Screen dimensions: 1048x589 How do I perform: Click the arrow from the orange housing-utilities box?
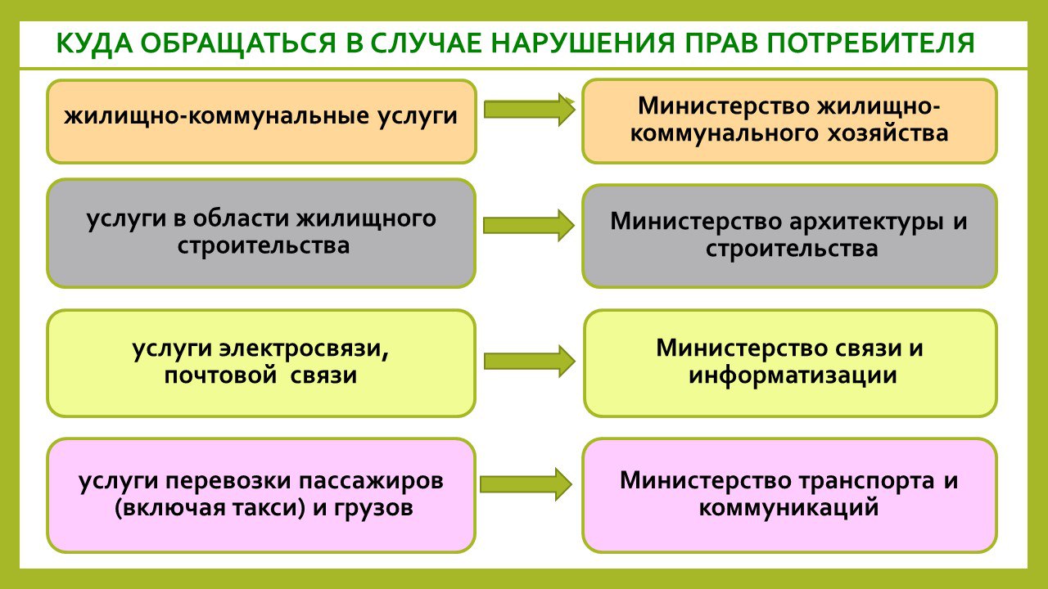pyautogui.click(x=529, y=110)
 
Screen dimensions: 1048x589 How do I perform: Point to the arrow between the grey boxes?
pyautogui.click(x=529, y=225)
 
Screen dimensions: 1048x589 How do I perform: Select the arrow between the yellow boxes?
pyautogui.click(x=530, y=362)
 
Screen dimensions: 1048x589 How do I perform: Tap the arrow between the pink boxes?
pyautogui.click(x=526, y=484)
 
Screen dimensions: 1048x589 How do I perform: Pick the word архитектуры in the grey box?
pyautogui.click(x=866, y=222)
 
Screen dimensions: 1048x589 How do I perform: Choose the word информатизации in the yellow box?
pyautogui.click(x=793, y=375)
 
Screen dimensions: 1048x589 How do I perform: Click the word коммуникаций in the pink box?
pyautogui.click(x=788, y=508)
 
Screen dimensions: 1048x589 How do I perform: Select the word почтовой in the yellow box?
pyautogui.click(x=220, y=375)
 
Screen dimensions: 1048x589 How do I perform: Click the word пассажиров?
pyautogui.click(x=371, y=482)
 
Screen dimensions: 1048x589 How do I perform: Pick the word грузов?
pyautogui.click(x=373, y=509)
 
